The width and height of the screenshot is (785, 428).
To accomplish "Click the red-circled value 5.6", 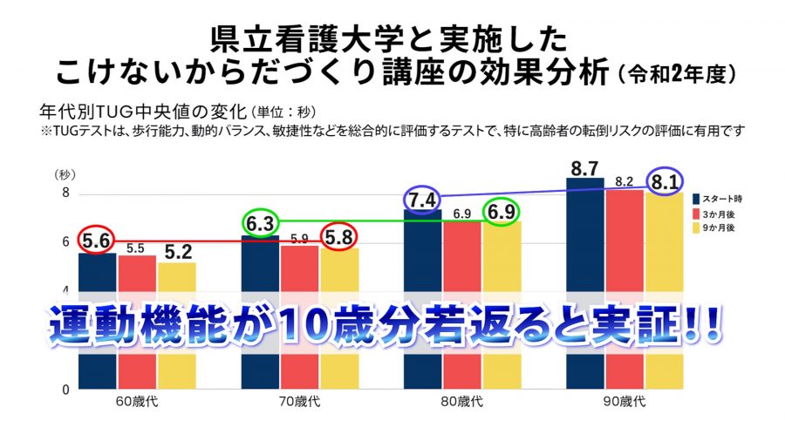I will pos(96,240).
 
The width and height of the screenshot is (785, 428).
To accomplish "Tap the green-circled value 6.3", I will pos(260,224).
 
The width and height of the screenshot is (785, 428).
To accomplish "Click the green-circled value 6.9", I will pos(503,213).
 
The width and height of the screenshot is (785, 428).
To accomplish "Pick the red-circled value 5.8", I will pos(338,236).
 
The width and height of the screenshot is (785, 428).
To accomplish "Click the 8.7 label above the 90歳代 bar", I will pos(585,166).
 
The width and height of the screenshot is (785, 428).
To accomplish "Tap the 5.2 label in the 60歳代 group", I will pos(177,252).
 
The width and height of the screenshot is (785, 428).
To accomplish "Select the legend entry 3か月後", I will pos(725,213).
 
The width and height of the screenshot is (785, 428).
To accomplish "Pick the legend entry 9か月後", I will pos(725,228).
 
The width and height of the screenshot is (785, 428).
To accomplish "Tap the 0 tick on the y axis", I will pos(65,390).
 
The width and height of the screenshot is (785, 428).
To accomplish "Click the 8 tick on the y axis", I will pos(65,194).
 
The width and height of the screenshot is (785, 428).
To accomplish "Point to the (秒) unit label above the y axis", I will pos(65,175).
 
